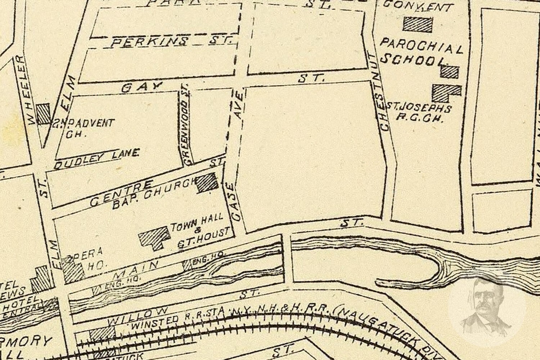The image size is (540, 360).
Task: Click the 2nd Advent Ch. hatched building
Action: (44, 114)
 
